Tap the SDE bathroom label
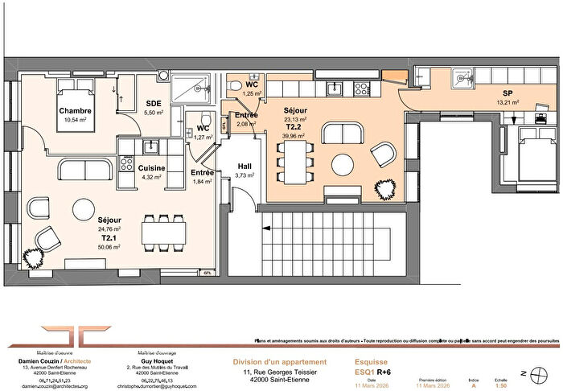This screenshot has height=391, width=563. (154, 103)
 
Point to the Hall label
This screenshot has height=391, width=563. (245, 166)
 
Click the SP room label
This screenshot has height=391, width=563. (508, 93)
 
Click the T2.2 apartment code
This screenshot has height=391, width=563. (295, 128)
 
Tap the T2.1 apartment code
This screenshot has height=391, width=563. (109, 239)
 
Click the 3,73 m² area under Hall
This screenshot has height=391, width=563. (245, 175)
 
